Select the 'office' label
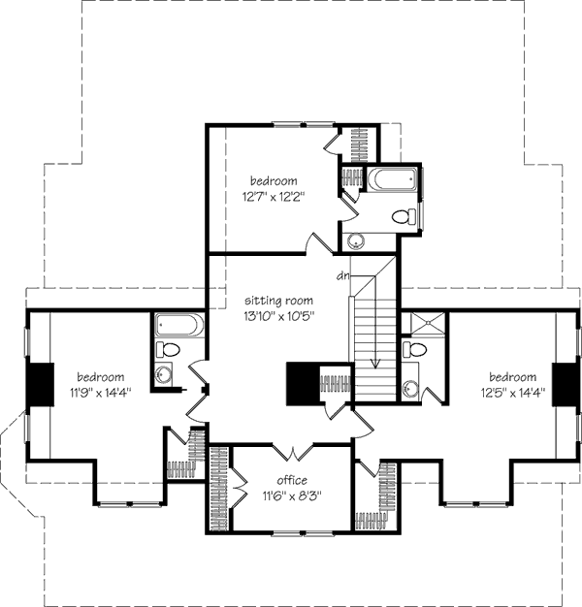(x=291, y=480)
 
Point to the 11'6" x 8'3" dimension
(x=291, y=495)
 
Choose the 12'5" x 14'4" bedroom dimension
(x=512, y=393)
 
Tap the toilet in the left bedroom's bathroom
(x=168, y=349)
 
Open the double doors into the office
(x=291, y=452)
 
